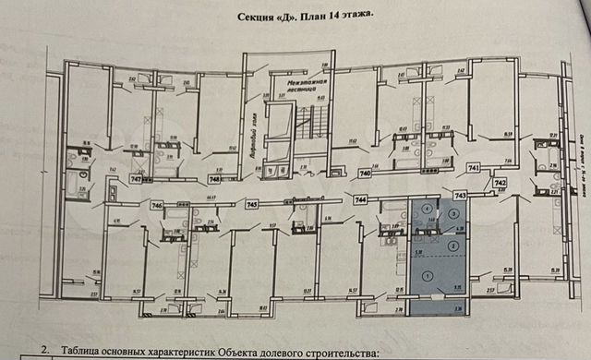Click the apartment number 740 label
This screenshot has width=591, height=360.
pos(365,173)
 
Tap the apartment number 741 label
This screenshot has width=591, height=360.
pos(473,169)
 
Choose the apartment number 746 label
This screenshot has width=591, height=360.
pos(157,205)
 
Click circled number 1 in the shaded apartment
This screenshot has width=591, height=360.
pos(426,275)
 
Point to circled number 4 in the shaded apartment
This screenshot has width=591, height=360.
pos(425,210)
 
